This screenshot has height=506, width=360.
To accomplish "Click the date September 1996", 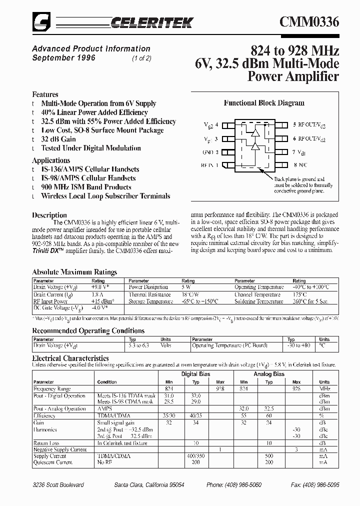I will point(63,57).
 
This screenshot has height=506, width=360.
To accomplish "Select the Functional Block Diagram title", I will point(263,103).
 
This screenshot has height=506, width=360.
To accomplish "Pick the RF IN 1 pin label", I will point(209,164).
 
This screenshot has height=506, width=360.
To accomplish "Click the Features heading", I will point(45,94).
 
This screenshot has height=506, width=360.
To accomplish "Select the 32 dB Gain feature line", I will point(58,139).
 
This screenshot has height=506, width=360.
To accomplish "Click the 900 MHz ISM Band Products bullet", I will point(86,187).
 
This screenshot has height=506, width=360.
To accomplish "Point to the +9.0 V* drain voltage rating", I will point(99,287).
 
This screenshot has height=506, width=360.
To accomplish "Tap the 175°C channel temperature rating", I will point(300,294).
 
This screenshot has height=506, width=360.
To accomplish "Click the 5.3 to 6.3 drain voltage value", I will point(139,345).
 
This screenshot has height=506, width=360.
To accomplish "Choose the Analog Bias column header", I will point(269,374).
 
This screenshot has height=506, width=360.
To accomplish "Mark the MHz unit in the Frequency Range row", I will point(324,388).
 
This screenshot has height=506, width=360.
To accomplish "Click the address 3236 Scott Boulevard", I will point(58,485).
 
